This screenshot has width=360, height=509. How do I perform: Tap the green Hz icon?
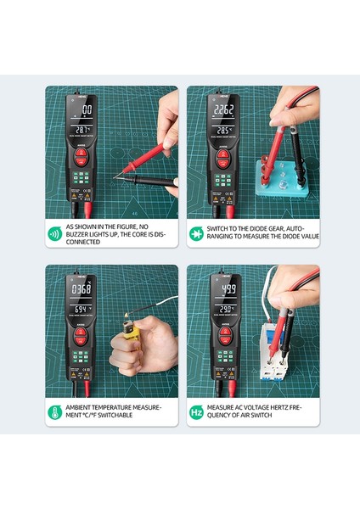point(197,413)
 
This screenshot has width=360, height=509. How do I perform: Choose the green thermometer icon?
point(53,413)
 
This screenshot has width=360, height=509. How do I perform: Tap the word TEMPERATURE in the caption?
point(111,408)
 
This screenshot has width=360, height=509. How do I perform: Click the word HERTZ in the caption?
point(281,408)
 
